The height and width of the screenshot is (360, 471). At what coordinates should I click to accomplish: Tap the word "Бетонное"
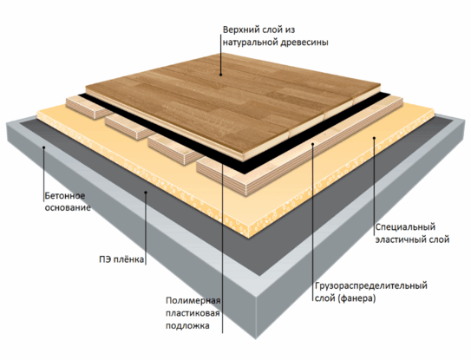click(x=65, y=196)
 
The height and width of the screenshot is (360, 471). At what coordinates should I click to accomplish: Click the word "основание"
click(x=68, y=207)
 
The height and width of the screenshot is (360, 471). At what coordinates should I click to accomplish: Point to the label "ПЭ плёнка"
click(x=121, y=259)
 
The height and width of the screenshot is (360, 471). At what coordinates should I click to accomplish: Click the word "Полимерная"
click(x=193, y=300)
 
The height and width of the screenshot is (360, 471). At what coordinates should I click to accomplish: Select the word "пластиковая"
click(x=193, y=313)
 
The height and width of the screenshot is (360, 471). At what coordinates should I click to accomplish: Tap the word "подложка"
click(x=187, y=326)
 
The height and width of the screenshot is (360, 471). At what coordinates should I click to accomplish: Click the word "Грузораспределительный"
click(x=371, y=285)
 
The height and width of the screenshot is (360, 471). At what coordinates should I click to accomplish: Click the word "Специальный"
click(x=405, y=227)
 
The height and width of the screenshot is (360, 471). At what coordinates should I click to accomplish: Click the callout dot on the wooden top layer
click(x=221, y=75)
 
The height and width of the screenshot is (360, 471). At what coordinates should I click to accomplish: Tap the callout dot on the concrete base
click(x=44, y=147)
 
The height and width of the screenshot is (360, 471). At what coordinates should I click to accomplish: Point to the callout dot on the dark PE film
click(x=146, y=193)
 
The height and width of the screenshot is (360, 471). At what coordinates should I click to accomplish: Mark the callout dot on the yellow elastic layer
click(x=374, y=138)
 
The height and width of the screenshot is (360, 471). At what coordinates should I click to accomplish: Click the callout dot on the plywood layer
click(x=312, y=144)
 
